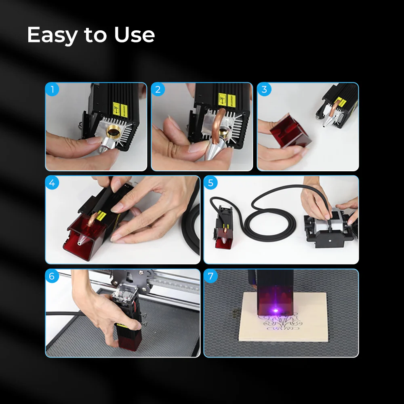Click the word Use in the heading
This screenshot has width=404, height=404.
(x=134, y=35)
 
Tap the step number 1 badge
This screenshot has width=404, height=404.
(x=52, y=89)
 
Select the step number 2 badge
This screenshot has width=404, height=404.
(x=158, y=89)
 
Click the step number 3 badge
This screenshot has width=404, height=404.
(x=264, y=89)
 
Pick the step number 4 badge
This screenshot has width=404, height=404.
(x=52, y=183)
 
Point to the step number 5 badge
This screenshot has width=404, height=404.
(x=210, y=183)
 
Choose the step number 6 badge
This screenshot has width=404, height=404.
(x=52, y=276)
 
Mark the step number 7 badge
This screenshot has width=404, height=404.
(x=210, y=276)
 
